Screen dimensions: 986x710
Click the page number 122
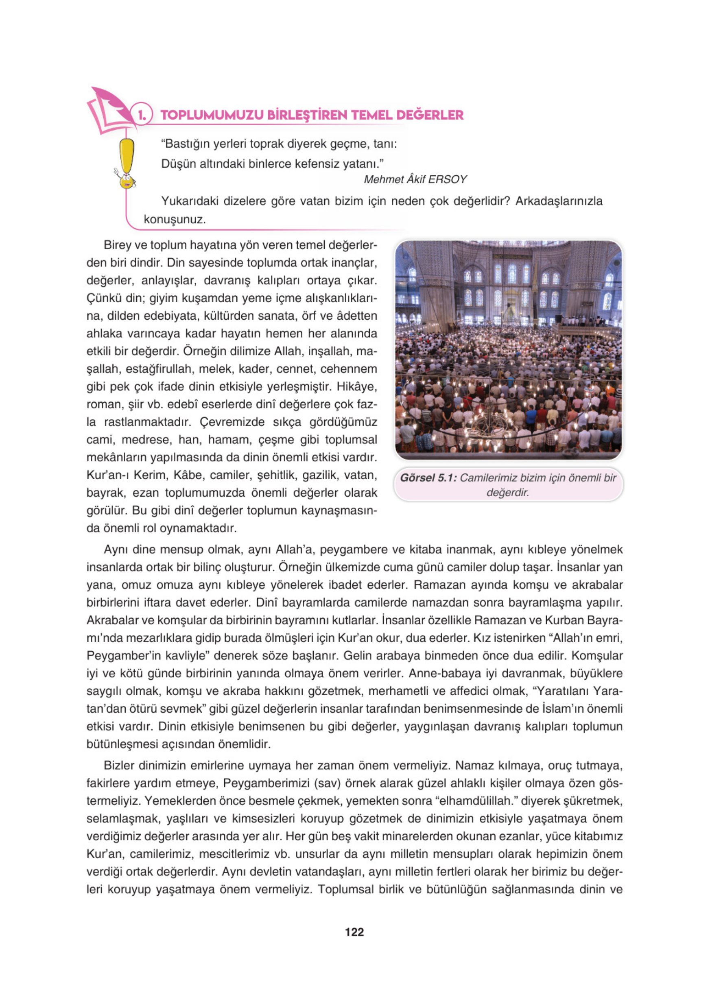[x=354, y=931]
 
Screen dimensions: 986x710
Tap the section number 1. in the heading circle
[x=141, y=115]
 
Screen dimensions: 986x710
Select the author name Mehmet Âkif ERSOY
[x=415, y=179]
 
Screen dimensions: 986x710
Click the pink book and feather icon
[x=109, y=111]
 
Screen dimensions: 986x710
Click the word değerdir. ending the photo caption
[x=507, y=493]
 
